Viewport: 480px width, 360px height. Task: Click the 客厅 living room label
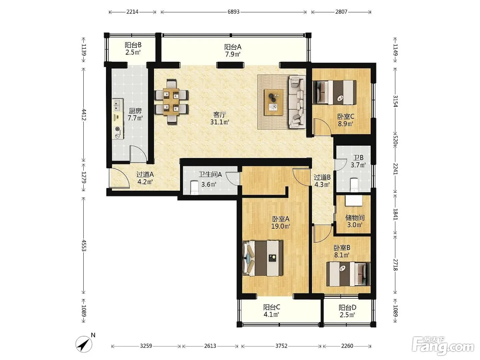click(x=219, y=115)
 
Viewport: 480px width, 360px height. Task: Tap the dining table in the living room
click(x=171, y=101)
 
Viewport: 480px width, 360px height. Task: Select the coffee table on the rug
click(x=273, y=102)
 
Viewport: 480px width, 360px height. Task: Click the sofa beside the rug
click(x=297, y=101)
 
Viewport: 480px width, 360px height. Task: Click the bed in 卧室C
click(x=335, y=92)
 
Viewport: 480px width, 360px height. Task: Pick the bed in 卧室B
click(x=348, y=274)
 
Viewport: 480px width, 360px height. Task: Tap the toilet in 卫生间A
click(x=194, y=188)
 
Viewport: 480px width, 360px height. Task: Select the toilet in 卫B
click(x=354, y=185)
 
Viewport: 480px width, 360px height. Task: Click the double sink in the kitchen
click(x=118, y=105)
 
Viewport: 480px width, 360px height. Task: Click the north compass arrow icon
click(x=84, y=344)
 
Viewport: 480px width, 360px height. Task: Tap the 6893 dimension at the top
click(x=233, y=12)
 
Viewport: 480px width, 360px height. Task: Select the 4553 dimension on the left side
click(x=84, y=245)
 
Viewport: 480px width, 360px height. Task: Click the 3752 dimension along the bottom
click(x=281, y=346)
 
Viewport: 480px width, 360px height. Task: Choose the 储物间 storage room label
click(x=355, y=217)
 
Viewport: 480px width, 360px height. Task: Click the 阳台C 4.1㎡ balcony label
click(x=272, y=311)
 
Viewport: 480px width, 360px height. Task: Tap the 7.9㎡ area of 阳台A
click(x=233, y=54)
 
